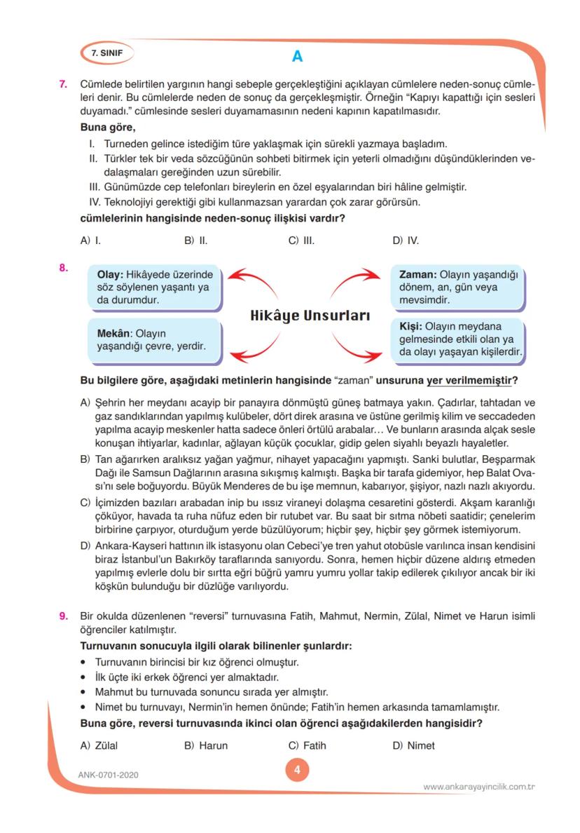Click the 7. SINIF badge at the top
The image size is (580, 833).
[105, 53]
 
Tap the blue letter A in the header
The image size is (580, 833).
[297, 56]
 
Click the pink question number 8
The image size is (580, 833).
[63, 267]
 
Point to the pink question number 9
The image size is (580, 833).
[63, 616]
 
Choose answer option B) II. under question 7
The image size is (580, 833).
[196, 241]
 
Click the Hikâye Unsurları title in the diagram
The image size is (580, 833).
[310, 316]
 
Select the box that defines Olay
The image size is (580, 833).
[153, 287]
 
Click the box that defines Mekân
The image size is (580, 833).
[153, 341]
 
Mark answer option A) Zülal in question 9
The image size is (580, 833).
[99, 745]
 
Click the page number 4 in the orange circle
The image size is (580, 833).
[297, 770]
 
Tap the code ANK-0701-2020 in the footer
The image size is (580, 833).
[109, 775]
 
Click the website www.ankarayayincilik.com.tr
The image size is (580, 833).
[479, 787]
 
